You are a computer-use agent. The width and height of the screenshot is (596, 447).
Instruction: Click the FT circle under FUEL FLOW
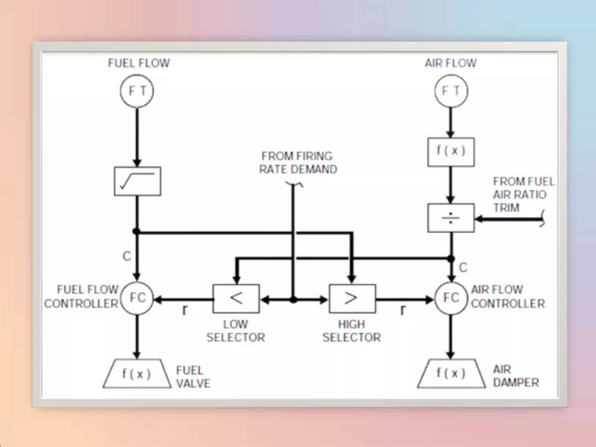137,91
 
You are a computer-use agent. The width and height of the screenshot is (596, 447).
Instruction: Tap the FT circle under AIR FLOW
451,91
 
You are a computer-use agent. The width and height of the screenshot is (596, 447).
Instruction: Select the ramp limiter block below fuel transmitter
137,181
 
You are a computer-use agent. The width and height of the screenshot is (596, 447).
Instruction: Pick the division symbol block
451,218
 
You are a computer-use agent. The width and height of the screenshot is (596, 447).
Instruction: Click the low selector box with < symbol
236,299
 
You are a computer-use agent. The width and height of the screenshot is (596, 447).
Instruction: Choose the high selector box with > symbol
352,299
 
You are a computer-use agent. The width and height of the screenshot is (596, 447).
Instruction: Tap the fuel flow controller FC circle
137,298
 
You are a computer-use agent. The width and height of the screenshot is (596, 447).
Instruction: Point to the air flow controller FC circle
451,298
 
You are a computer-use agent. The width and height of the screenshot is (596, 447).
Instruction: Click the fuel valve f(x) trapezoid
137,374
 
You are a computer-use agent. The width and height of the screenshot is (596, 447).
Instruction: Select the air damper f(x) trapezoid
451,374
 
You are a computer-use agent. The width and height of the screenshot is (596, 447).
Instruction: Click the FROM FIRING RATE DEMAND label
298,163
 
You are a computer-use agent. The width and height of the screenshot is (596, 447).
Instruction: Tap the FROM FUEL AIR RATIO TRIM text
523,194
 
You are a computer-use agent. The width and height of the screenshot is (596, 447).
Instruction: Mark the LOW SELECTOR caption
236,331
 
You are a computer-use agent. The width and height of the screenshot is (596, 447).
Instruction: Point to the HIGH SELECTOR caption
352,331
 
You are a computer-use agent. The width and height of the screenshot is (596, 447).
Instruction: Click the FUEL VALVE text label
193,377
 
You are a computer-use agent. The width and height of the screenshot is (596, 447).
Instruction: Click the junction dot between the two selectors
294,299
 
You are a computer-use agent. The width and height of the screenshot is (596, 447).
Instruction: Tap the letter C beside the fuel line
127,256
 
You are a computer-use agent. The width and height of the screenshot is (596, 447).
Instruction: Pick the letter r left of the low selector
185,310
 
